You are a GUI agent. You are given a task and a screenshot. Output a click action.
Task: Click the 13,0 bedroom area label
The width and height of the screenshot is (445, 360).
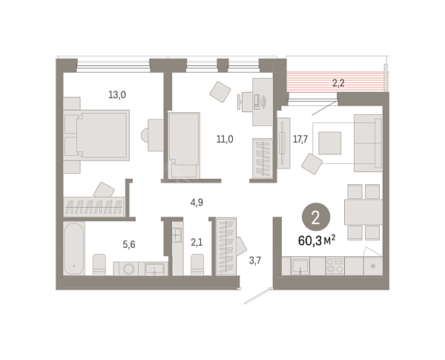[x=117, y=94]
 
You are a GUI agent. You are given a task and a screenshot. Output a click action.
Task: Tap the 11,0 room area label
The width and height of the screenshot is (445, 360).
[x=225, y=140]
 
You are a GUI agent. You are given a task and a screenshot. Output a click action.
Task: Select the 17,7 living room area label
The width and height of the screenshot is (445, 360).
[x=300, y=140]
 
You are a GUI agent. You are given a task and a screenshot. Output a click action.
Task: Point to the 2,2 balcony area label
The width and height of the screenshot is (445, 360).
[x=338, y=83]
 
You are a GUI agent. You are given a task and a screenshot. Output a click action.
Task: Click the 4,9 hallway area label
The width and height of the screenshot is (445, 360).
[x=197, y=203]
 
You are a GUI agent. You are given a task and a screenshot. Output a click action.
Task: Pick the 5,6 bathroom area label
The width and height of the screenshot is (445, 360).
[x=129, y=244]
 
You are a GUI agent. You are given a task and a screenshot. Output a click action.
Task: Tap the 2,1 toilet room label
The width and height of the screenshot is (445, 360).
[x=197, y=243]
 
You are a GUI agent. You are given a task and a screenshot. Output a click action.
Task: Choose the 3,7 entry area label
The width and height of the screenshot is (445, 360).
[x=255, y=261]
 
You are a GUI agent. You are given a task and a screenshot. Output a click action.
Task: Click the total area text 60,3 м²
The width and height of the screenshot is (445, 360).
[x=317, y=241]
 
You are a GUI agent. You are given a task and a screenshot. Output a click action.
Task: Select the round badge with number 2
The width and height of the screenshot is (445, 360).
[x=316, y=217]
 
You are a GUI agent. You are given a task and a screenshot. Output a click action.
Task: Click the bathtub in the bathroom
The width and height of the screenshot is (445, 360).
[x=73, y=249]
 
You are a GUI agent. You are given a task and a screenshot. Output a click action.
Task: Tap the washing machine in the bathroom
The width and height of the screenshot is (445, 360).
[x=128, y=269]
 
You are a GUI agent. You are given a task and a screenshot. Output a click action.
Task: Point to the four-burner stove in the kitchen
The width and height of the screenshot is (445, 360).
[x=335, y=266]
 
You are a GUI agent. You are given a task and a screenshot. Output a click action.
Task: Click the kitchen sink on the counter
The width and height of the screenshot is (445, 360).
[x=300, y=266]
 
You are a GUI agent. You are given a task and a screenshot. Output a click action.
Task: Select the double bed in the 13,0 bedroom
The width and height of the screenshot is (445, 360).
[x=96, y=135]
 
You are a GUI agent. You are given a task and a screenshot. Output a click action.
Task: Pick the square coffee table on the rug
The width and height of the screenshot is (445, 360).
[x=329, y=143]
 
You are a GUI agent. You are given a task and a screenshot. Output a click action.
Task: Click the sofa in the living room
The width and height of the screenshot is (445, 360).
[x=368, y=143]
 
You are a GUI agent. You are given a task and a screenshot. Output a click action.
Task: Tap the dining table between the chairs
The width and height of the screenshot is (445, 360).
[x=363, y=212]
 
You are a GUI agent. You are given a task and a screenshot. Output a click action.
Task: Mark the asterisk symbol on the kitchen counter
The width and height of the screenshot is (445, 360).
[x=373, y=266]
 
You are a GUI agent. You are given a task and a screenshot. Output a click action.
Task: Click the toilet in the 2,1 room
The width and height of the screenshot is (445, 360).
[x=197, y=264]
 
